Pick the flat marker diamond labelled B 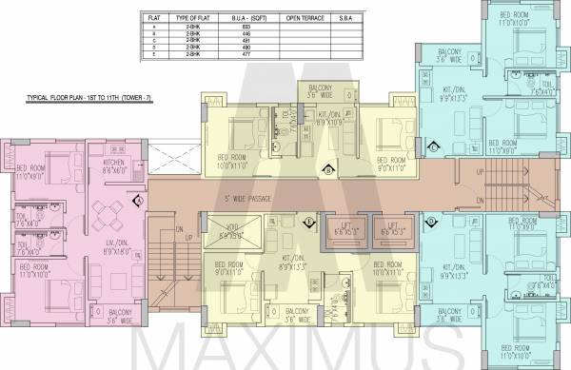(327, 170)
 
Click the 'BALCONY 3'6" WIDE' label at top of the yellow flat (321, 92)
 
